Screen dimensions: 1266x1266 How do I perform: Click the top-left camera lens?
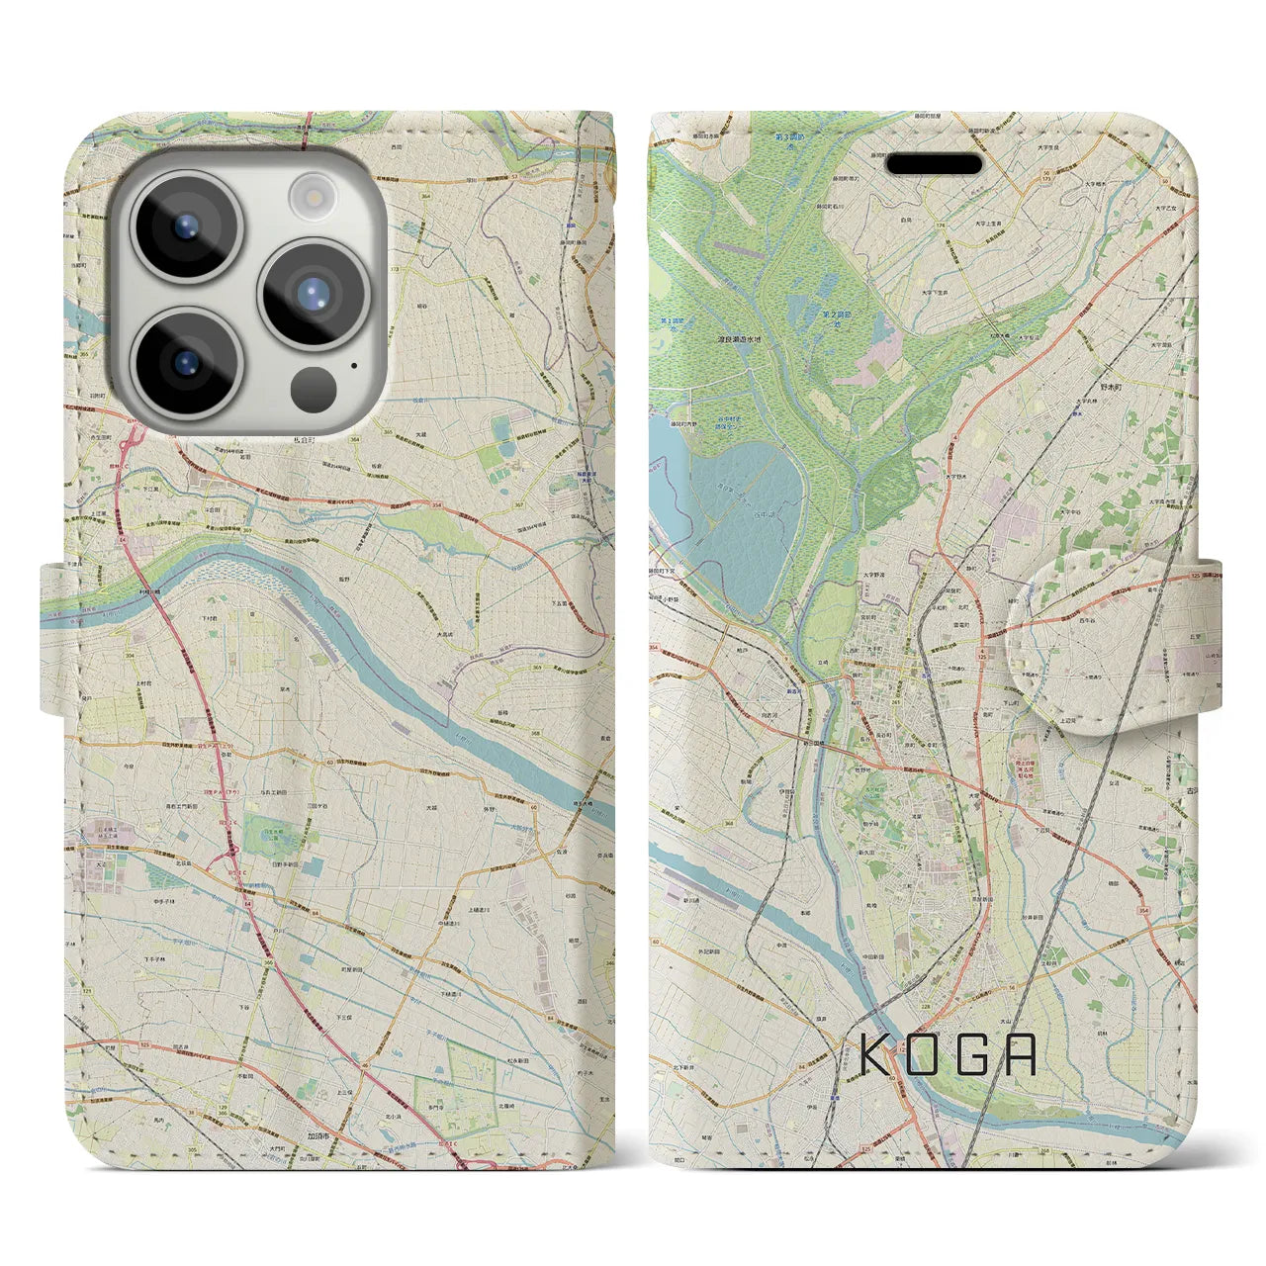(186, 226)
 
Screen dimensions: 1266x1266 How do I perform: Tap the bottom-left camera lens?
(186, 360)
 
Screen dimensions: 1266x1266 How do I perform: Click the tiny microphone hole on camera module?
(353, 364)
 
